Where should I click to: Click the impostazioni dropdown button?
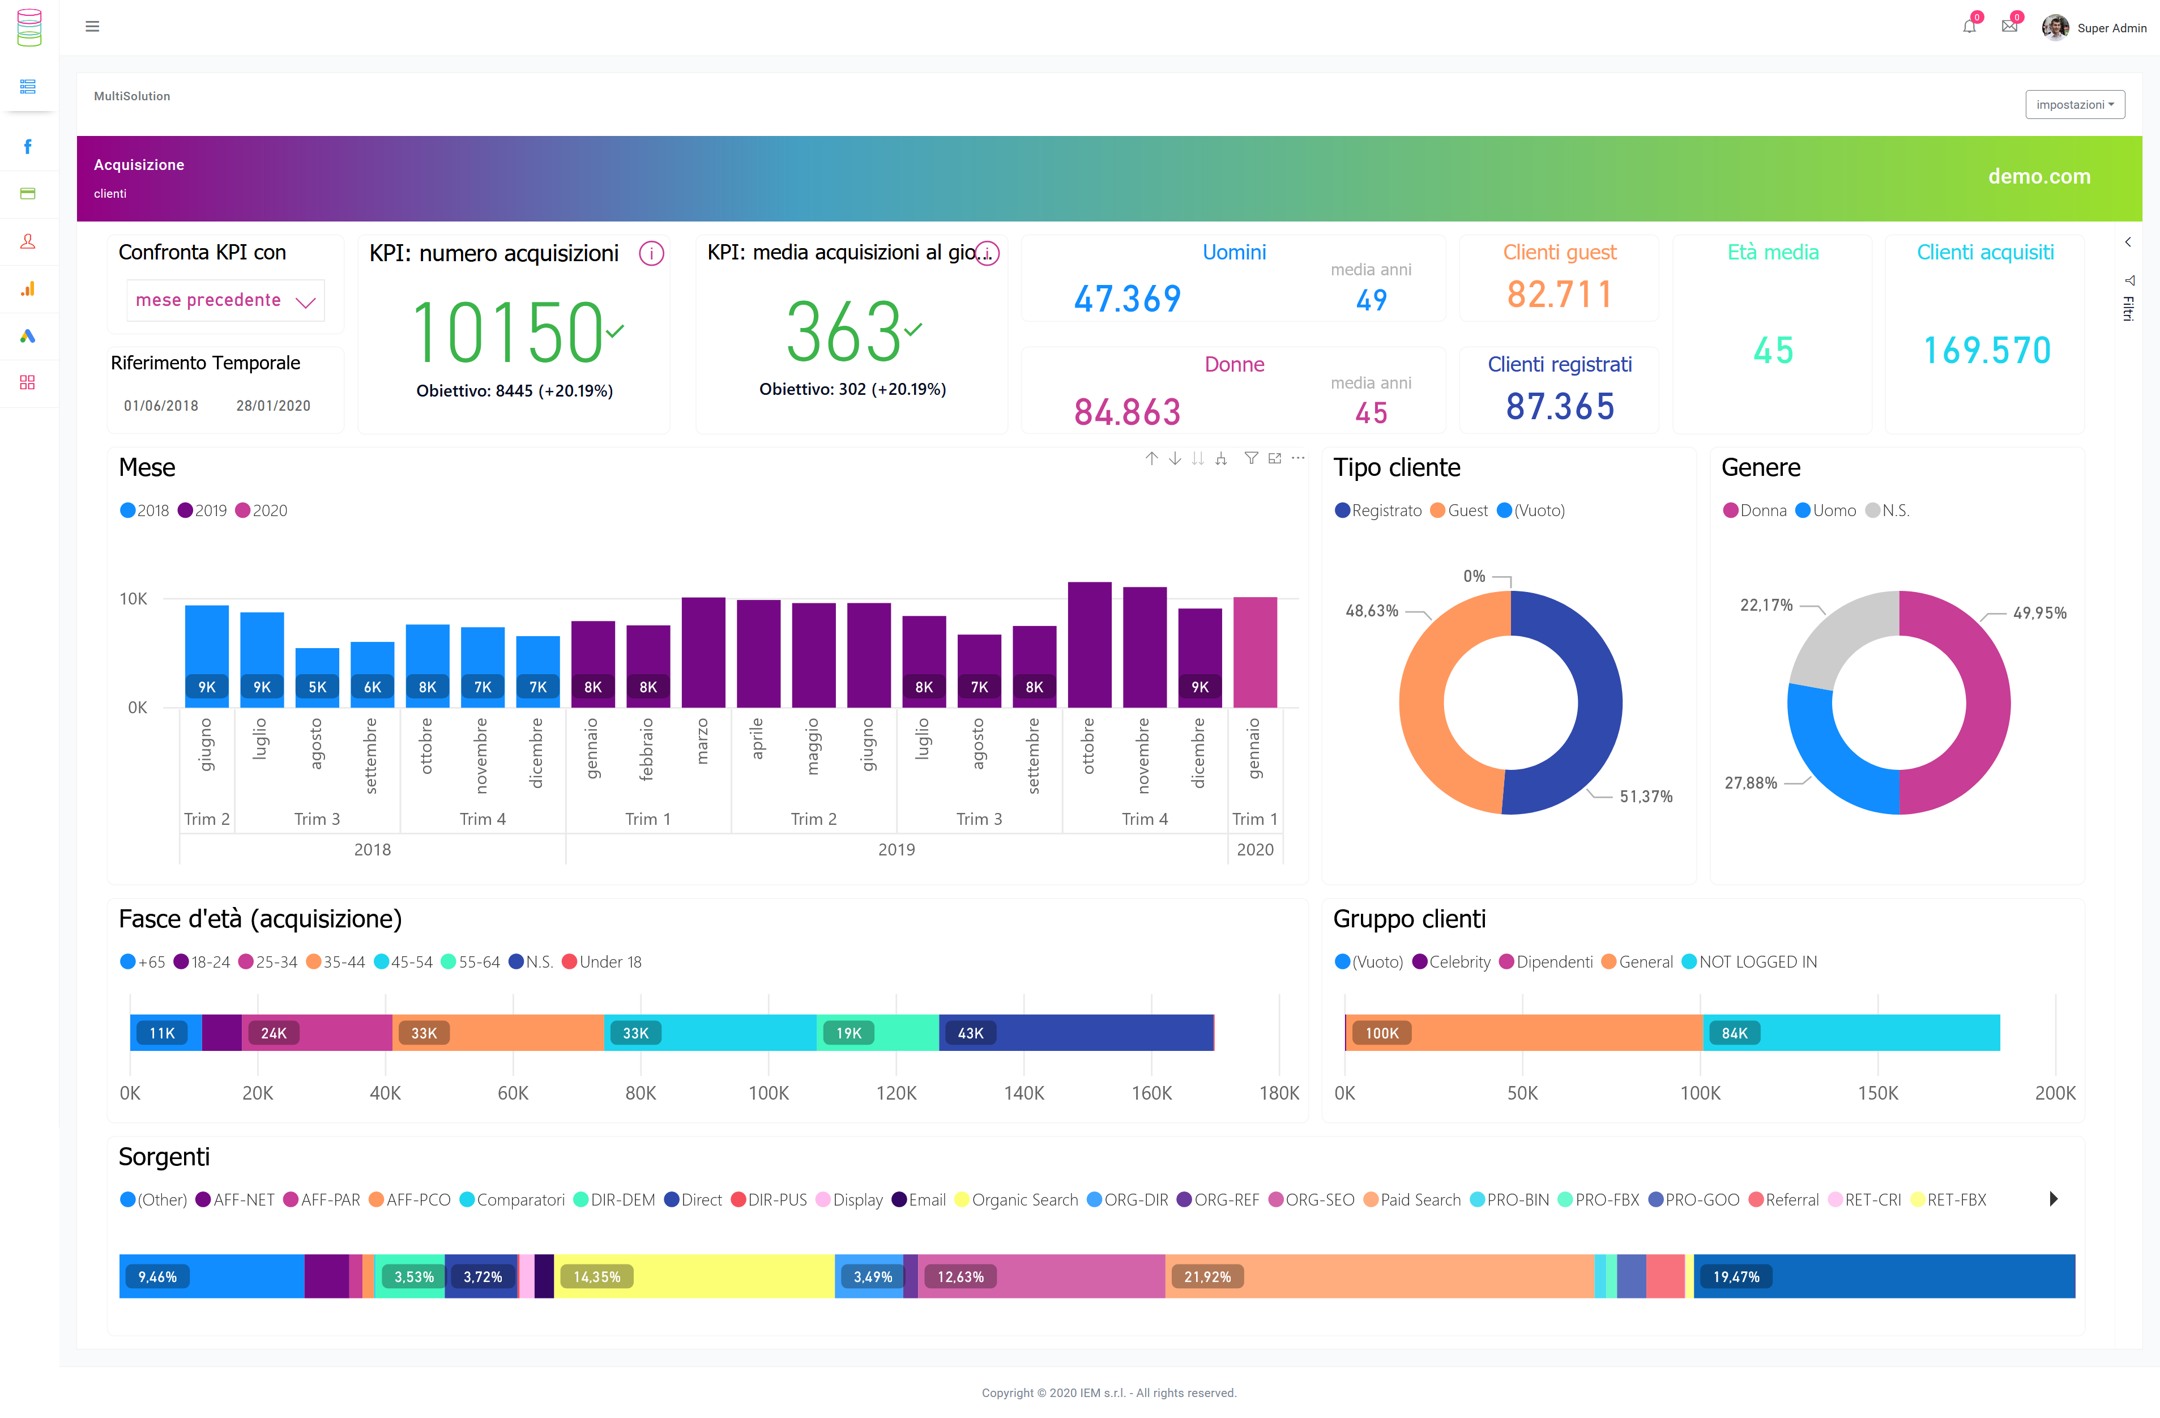pyautogui.click(x=2074, y=104)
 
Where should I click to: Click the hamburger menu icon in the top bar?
pyautogui.click(x=92, y=26)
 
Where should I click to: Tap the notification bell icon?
pyautogui.click(x=1969, y=26)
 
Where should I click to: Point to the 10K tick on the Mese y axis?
pyautogui.click(x=134, y=598)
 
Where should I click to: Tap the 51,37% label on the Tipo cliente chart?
pyautogui.click(x=1645, y=796)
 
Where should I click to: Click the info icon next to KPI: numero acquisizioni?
pyautogui.click(x=651, y=253)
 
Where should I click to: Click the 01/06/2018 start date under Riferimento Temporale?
pyautogui.click(x=161, y=406)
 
